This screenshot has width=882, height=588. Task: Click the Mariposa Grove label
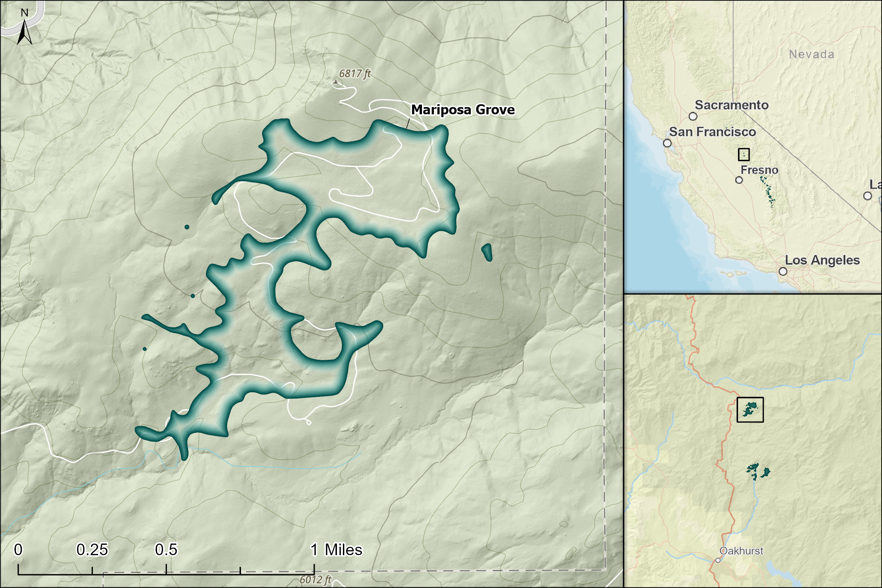463,110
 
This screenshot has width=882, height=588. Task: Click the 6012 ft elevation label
315,580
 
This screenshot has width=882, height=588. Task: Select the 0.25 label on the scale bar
92,550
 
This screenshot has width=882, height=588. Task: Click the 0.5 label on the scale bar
166,550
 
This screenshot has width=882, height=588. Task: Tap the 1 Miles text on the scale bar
336,550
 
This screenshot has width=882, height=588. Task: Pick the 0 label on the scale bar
18,550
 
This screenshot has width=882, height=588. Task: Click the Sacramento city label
731,105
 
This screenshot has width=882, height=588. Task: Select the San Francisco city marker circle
667,143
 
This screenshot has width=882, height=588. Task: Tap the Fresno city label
759,170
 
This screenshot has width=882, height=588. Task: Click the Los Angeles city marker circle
783,271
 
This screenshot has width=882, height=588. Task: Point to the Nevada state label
811,54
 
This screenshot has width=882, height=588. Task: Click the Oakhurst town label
741,551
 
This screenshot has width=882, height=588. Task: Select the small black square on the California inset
744,154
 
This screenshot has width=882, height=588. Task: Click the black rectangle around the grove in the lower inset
750,410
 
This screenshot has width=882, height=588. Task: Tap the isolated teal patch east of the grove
487,252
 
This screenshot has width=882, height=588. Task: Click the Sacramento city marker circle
693,116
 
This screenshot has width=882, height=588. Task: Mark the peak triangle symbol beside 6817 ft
336,82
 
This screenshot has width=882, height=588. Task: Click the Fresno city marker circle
739,180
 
